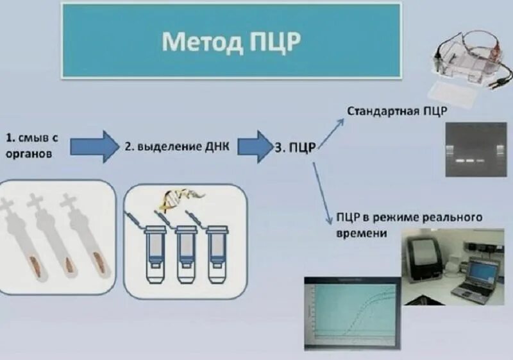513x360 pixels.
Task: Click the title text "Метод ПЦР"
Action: [231, 41]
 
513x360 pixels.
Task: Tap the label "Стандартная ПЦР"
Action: [397, 110]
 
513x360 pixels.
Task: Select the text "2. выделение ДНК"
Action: [176, 146]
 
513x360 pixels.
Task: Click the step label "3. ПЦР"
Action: [294, 147]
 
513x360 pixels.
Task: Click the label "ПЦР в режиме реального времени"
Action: [408, 225]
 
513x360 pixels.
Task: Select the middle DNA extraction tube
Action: [186, 253]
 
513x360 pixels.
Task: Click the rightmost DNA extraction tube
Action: [217, 253]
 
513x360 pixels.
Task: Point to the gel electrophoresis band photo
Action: [471, 151]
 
